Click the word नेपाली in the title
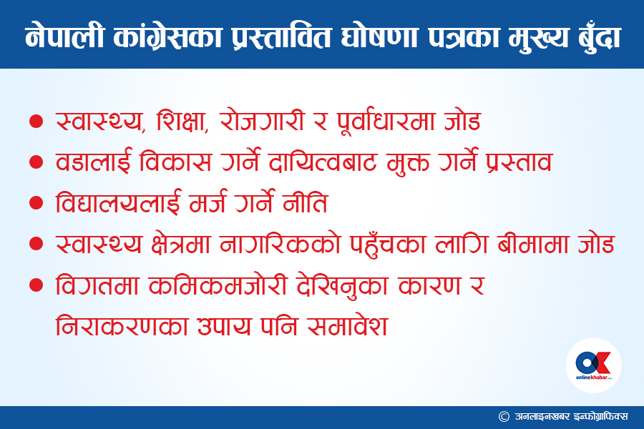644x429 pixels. [x=64, y=37]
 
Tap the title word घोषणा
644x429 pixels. [x=379, y=37]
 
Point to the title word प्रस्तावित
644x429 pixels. [x=281, y=37]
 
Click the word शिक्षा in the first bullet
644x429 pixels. [x=182, y=121]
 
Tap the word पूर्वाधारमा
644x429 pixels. [x=386, y=121]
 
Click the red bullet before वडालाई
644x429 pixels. [x=36, y=162]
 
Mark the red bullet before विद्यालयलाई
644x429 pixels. [x=36, y=202]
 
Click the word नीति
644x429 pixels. [x=305, y=202]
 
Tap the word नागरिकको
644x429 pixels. [x=280, y=244]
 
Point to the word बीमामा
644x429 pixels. [x=532, y=244]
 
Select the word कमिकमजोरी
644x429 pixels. [x=218, y=285]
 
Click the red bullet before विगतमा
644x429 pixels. [x=36, y=285]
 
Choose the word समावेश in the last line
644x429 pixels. [x=348, y=326]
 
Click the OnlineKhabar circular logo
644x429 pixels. [x=593, y=365]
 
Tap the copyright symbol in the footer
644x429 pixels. [x=504, y=417]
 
